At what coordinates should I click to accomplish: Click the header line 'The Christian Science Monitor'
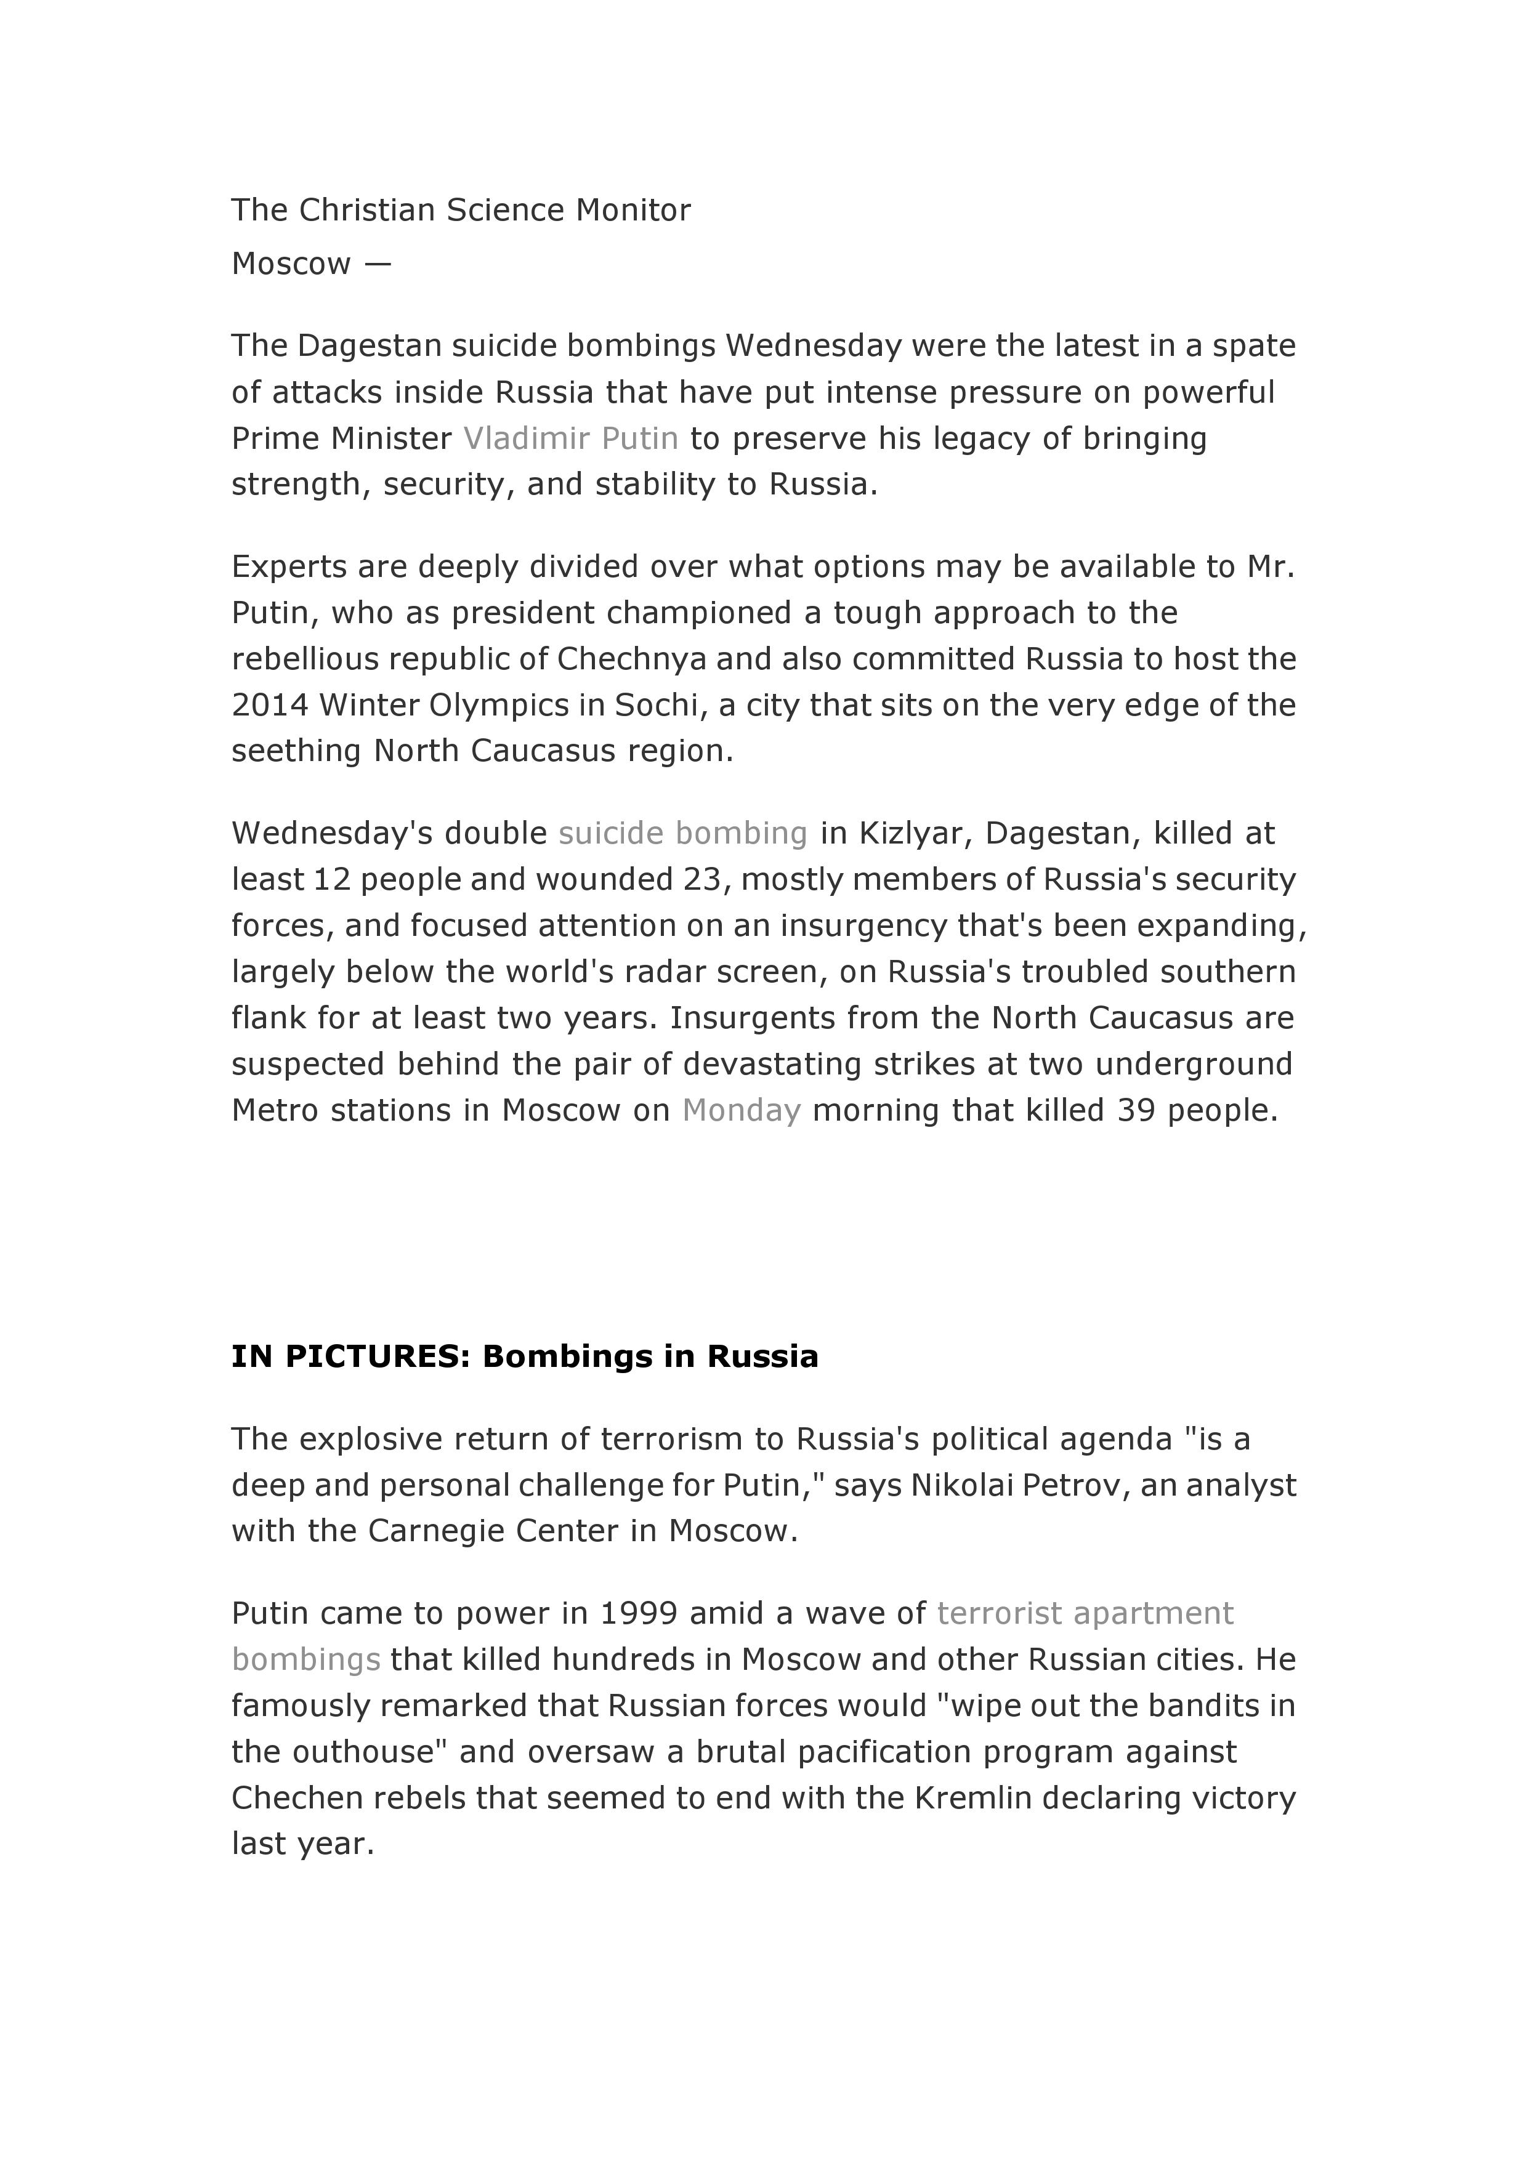461,210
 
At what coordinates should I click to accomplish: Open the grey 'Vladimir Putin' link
571,438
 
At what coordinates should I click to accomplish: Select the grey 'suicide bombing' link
683,834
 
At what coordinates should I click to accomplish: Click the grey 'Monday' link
742,1111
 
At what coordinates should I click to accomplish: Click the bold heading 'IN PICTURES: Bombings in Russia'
525,1356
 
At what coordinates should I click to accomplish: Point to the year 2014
269,706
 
